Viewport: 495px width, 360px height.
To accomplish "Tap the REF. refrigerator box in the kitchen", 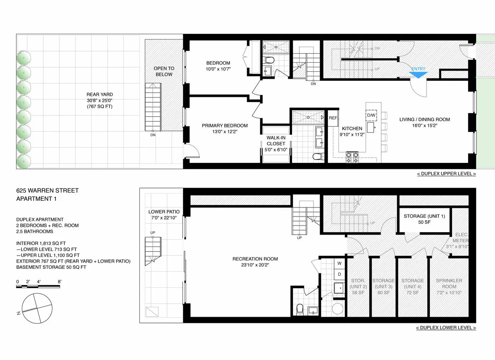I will click(x=333, y=118).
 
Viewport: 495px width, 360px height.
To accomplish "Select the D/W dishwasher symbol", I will click(x=371, y=115).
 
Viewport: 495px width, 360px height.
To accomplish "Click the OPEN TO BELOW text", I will click(x=164, y=71).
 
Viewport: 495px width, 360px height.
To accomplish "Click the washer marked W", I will click(x=339, y=263).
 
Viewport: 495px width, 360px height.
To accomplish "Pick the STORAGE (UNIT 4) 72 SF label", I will click(x=412, y=286).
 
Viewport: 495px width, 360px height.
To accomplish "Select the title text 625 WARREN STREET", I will click(x=47, y=191).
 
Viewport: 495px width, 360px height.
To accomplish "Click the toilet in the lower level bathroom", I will click(x=300, y=308).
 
